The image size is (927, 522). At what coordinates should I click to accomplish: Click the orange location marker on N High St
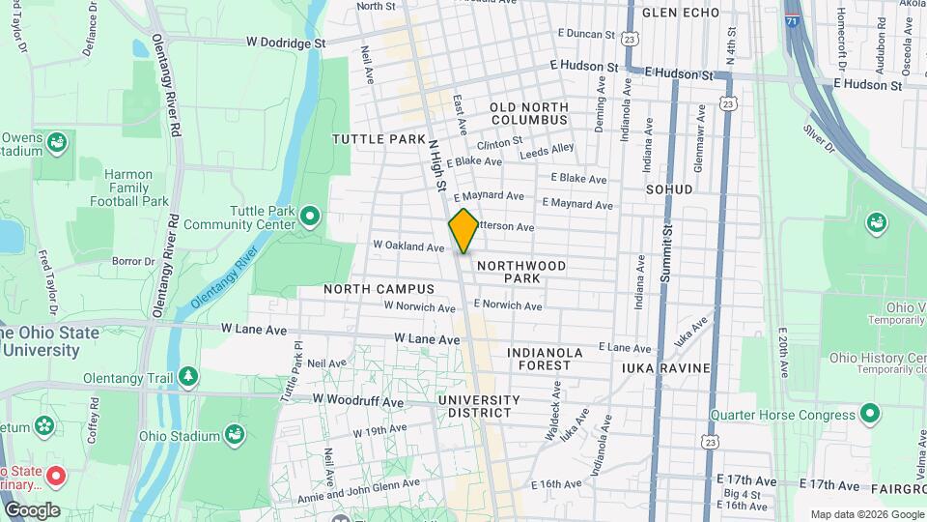pyautogui.click(x=463, y=230)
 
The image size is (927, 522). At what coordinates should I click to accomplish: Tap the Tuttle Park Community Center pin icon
pyautogui.click(x=310, y=215)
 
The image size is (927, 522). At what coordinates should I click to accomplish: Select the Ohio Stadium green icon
pyautogui.click(x=235, y=435)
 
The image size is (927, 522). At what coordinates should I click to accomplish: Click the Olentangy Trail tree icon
pyautogui.click(x=190, y=376)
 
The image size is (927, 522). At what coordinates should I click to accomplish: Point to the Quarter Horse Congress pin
pyautogui.click(x=870, y=415)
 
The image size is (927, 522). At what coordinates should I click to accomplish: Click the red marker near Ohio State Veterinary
pyautogui.click(x=56, y=476)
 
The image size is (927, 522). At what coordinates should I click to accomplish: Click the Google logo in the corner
pyautogui.click(x=32, y=510)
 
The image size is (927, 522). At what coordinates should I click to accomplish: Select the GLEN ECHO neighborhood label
pyautogui.click(x=681, y=13)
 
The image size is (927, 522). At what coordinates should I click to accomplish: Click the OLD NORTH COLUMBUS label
pyautogui.click(x=528, y=113)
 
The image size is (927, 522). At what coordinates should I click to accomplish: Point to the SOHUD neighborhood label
pyautogui.click(x=669, y=189)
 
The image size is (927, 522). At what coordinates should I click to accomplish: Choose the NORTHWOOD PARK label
pyautogui.click(x=520, y=271)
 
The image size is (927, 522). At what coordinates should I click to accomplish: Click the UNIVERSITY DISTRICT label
pyautogui.click(x=478, y=406)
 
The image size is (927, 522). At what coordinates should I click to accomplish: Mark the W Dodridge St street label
pyautogui.click(x=286, y=43)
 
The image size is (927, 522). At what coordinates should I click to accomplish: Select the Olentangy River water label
pyautogui.click(x=223, y=278)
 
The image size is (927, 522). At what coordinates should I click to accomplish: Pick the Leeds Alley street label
pyautogui.click(x=547, y=150)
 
